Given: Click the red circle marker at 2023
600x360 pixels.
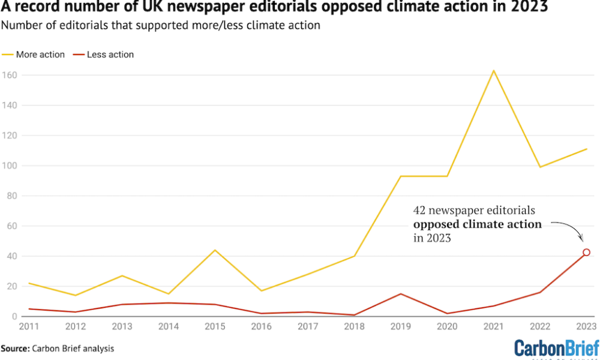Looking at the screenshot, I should click(586, 253).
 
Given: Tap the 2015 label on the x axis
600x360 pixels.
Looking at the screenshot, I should click(215, 326).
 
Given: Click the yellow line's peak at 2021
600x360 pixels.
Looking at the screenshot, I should click(494, 71).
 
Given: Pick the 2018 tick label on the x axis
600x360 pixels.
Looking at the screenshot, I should click(354, 326).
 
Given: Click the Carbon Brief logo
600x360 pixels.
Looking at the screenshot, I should click(557, 348).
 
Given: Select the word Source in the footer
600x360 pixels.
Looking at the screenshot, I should click(16, 348).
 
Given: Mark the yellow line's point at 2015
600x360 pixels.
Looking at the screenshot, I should click(215, 250).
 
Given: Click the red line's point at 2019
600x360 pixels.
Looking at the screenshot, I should click(401, 293).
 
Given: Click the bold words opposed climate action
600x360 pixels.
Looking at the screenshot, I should click(478, 224).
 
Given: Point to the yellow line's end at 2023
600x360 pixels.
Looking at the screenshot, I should click(586, 149).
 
